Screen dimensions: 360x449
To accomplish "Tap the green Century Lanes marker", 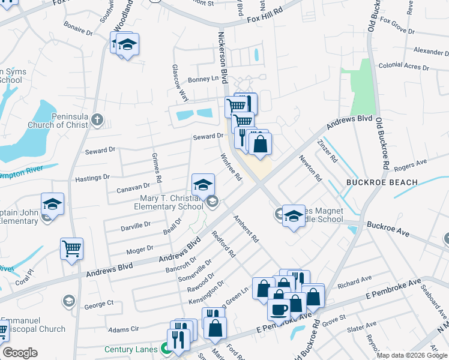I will coord(164,348).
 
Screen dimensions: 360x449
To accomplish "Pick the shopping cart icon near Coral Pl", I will coord(71,248).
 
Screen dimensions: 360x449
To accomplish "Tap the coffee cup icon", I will coord(278,310).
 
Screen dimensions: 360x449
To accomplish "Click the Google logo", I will coord(20,353).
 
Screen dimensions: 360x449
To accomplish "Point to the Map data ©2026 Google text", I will coord(412,355).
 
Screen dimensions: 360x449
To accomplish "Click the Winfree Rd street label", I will coord(231,169).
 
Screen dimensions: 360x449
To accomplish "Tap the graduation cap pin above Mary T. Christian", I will coord(203,184).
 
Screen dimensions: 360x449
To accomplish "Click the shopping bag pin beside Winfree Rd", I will coord(260,144).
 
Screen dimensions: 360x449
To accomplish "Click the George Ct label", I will coord(98,304).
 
